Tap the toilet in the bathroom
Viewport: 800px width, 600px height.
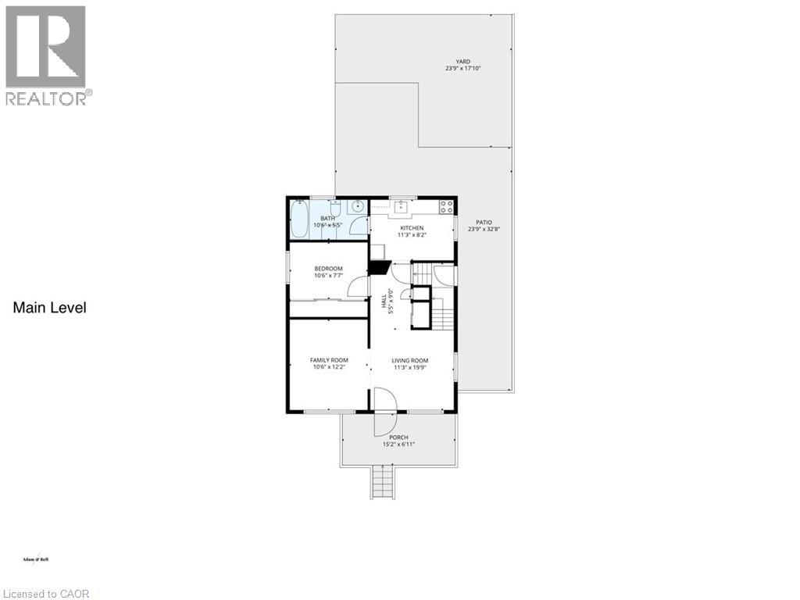(334, 209)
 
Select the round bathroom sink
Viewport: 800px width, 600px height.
(357, 206)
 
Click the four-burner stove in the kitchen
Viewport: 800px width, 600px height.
(446, 207)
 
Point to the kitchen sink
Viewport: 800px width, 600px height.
(401, 207)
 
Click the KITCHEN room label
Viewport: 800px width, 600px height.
(411, 228)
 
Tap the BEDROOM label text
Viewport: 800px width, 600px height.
(328, 269)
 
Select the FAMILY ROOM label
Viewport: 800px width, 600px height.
(328, 360)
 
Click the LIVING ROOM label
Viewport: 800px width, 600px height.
(410, 360)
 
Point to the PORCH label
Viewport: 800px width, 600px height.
(398, 437)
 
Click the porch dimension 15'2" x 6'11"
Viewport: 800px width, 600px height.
(398, 445)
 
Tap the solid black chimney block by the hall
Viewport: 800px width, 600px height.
(380, 266)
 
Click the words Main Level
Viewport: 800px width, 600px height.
(49, 308)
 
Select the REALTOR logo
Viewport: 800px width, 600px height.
(47, 55)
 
